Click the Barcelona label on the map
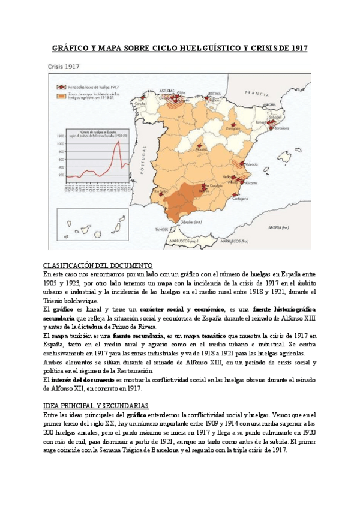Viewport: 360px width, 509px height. pyautogui.click(x=282, y=128)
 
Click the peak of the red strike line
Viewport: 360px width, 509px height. pyautogui.click(x=119, y=142)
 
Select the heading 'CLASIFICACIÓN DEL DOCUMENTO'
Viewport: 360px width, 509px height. pyautogui.click(x=98, y=265)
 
